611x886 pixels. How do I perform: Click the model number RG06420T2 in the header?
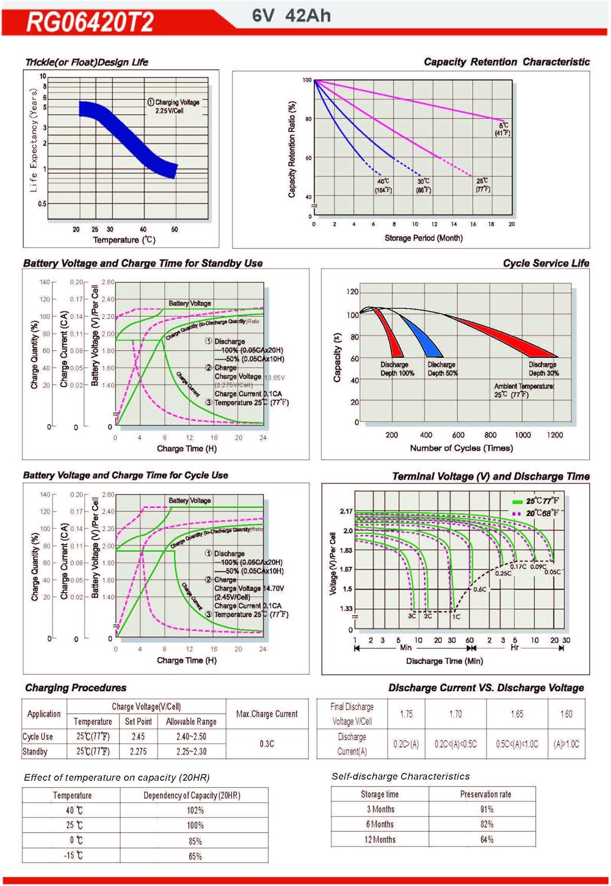point(90,22)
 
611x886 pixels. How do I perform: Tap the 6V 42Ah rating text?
point(291,15)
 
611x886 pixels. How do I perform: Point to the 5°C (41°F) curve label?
point(503,129)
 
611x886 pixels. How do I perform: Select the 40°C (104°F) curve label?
point(383,185)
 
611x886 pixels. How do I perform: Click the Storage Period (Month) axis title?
point(423,238)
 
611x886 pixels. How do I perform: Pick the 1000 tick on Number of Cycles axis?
point(522,435)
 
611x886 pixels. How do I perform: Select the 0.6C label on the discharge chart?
point(479,589)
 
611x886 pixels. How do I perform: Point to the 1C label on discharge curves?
point(456,616)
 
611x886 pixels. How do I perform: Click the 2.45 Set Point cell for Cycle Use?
point(138,737)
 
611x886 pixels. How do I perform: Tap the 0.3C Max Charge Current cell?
point(267,744)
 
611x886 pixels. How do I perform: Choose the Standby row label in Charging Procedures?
point(35,751)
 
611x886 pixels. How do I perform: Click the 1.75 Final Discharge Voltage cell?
point(406,714)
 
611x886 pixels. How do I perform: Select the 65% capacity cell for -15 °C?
point(195,856)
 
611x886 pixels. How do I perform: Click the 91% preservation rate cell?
point(486,809)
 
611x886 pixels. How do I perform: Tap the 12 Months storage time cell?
point(380,839)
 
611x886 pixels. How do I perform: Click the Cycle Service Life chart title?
point(545,263)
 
